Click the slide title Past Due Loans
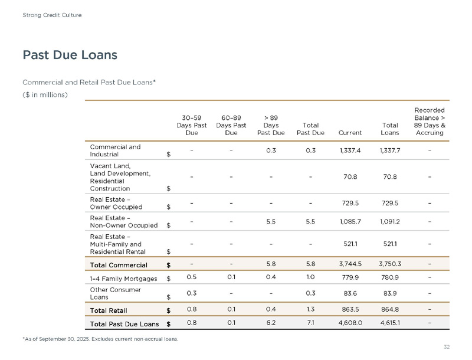(70, 55)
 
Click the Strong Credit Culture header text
(52, 15)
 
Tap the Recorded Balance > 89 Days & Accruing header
(430, 121)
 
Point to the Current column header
(350, 133)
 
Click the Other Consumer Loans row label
(115, 293)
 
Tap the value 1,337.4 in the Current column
(350, 150)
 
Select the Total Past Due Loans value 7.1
(310, 323)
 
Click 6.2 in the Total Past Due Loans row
(271, 323)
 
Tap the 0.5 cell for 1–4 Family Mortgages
(191, 277)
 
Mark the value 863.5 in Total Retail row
(350, 309)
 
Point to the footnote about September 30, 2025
(100, 339)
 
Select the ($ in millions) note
(45, 94)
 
